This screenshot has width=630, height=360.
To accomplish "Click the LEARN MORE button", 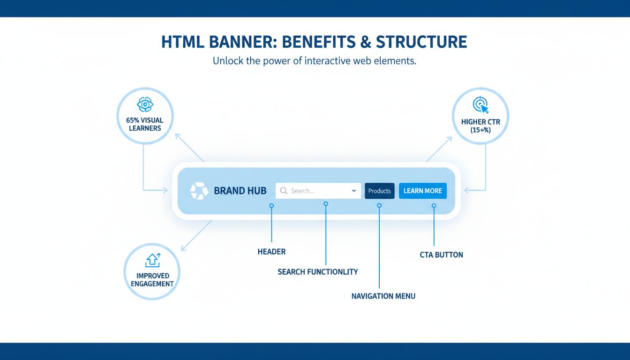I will coord(422,191).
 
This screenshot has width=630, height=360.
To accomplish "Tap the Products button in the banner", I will coord(379,191).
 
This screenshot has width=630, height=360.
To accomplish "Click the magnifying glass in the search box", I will coord(284,191).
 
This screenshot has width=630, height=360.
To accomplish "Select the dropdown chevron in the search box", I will coord(353,191).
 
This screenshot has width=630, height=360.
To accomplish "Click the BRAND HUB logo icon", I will coord(199,191).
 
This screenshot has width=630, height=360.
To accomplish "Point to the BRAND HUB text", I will coord(240,191).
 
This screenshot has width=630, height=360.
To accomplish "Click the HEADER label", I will coord(271,252).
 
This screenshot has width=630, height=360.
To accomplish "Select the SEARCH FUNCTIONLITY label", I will coord(317,272).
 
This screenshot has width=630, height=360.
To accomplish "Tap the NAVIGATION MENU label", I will coord(383,296).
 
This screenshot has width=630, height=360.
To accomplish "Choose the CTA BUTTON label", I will coord(441,255).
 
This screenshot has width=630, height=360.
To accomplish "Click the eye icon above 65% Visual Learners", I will coord(145,104).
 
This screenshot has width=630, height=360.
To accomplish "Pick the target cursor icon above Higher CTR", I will coord(480,105).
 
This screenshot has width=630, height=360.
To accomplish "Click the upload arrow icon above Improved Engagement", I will coord(153,260).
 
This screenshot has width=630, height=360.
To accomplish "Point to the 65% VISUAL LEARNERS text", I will coord(145,124).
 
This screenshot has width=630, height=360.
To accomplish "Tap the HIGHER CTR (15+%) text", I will coord(480,126).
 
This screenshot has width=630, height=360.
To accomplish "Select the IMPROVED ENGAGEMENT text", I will coord(152,279).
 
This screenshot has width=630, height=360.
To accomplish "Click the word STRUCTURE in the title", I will coord(421,42).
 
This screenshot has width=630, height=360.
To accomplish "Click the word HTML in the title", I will coord(181,42).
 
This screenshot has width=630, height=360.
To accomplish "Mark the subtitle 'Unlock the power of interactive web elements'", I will coord(314,61).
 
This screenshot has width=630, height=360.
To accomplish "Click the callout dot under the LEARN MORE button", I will coord(434,205).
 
